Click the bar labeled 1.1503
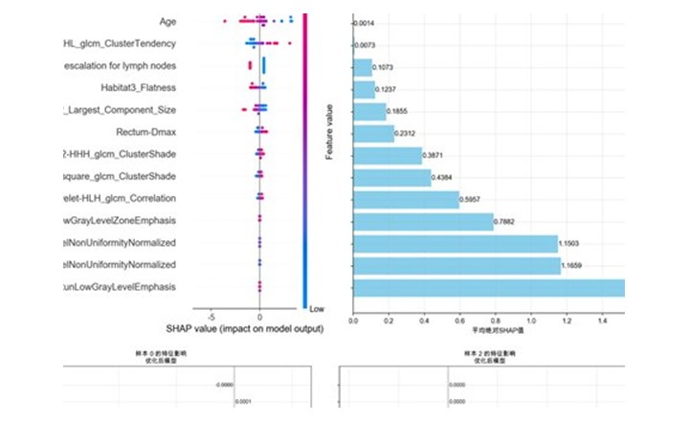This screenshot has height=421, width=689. (x=455, y=243)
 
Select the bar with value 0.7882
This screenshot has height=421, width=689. (x=423, y=221)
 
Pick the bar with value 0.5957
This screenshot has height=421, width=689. (x=406, y=199)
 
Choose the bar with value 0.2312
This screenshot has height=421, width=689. (x=373, y=133)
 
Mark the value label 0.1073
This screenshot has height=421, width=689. (x=383, y=67)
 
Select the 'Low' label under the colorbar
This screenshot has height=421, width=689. (x=317, y=309)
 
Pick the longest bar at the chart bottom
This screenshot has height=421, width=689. (x=488, y=287)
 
